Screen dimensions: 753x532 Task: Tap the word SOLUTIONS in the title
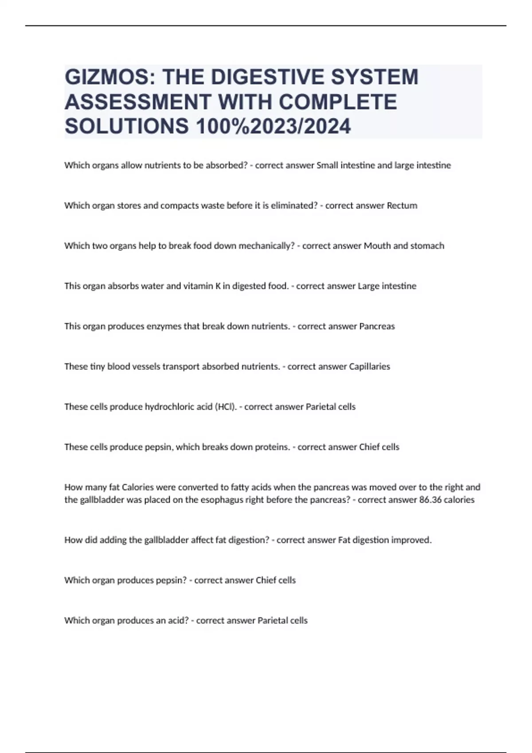coord(127,126)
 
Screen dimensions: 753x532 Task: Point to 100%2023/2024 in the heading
coord(273,126)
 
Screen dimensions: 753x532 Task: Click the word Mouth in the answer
coord(377,246)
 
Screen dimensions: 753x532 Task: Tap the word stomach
coord(427,246)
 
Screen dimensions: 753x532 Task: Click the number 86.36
coord(432,500)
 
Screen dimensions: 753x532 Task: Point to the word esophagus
coord(220,500)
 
